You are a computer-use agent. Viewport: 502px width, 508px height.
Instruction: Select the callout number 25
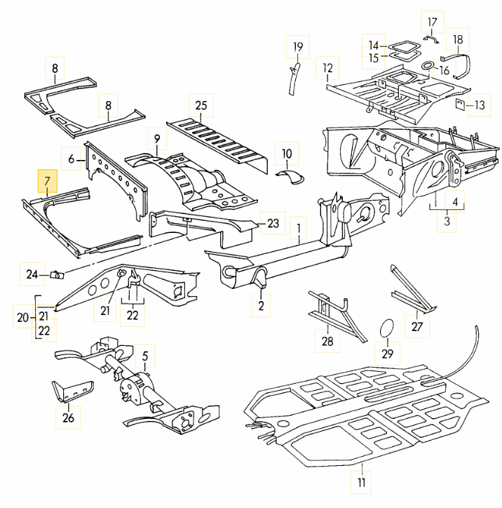[201, 107]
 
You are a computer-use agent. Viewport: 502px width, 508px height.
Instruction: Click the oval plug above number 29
[386, 328]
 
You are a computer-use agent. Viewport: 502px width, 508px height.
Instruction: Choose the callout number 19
[297, 48]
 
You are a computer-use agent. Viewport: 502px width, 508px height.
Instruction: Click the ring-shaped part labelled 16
[425, 65]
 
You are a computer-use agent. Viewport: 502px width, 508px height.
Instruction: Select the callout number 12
[327, 69]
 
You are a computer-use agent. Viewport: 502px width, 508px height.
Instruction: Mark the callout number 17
[432, 21]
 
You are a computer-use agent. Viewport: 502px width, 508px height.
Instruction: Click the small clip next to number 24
[57, 274]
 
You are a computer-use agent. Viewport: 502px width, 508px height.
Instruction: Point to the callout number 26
[68, 419]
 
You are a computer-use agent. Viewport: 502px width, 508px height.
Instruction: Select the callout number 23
[273, 224]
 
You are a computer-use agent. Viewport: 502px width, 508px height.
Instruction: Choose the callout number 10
[286, 153]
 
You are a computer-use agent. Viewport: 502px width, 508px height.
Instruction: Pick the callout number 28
[327, 341]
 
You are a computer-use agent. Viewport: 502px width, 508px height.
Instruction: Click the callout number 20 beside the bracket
[22, 318]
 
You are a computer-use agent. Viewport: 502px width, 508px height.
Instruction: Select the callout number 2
[260, 306]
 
